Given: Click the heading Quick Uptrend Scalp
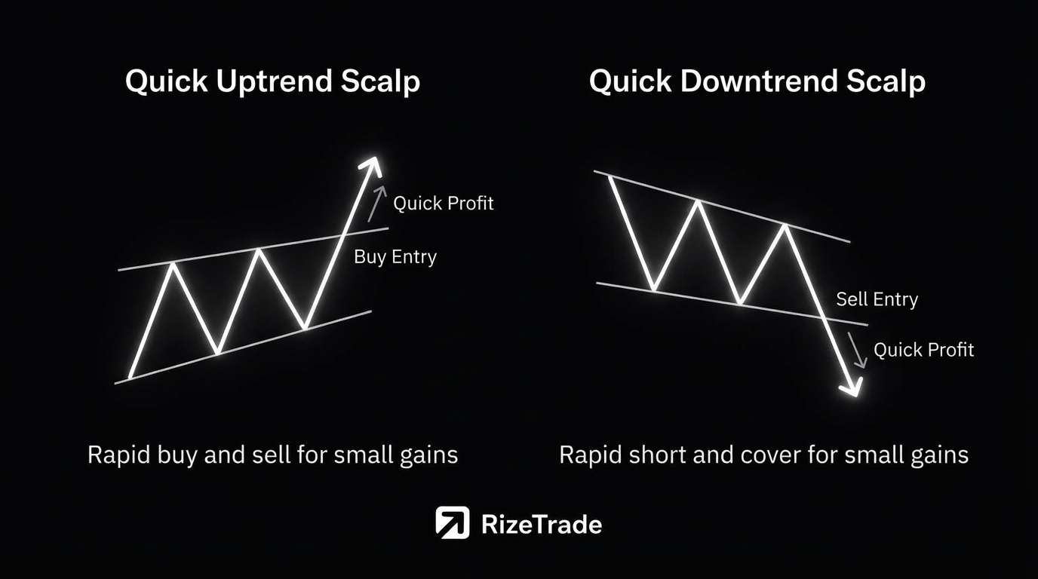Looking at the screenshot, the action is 272,82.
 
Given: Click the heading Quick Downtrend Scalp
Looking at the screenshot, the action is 757,82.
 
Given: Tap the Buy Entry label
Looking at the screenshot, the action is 395,257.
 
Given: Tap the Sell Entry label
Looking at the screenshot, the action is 877,299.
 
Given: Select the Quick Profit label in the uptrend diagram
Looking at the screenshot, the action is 444,204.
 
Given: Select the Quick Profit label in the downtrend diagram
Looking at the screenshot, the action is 923,350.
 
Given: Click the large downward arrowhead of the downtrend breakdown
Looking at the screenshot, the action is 852,388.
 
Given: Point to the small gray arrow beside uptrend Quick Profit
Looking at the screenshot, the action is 377,204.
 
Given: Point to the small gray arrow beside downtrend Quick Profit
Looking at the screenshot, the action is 857,350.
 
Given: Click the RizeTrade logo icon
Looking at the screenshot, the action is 453,522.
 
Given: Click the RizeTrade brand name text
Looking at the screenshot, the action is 542,525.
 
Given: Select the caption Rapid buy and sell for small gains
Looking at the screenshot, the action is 272,455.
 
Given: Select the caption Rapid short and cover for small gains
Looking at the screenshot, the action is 763,455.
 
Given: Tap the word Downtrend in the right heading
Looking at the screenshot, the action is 759,81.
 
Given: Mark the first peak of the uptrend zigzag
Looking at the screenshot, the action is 173,264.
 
